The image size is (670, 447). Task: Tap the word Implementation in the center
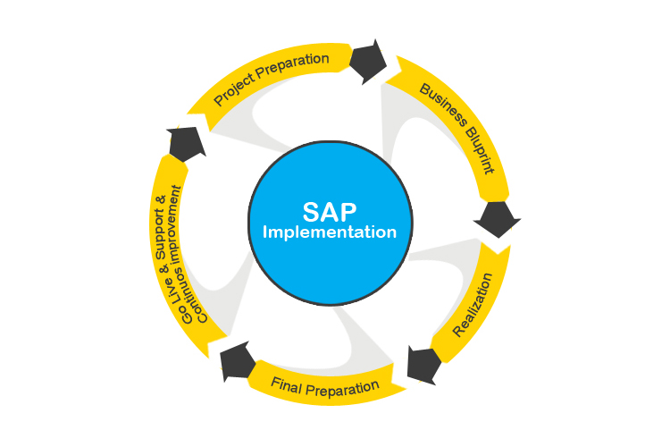[x=330, y=232]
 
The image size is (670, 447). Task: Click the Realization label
[x=473, y=312]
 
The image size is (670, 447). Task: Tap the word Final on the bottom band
[x=287, y=386]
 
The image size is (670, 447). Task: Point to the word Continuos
[x=189, y=294]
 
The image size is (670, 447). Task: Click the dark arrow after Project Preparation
[x=367, y=62]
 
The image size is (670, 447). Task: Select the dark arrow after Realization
[x=423, y=361]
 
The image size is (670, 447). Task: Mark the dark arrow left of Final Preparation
[x=235, y=359]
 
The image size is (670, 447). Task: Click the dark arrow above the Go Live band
[x=186, y=142]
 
